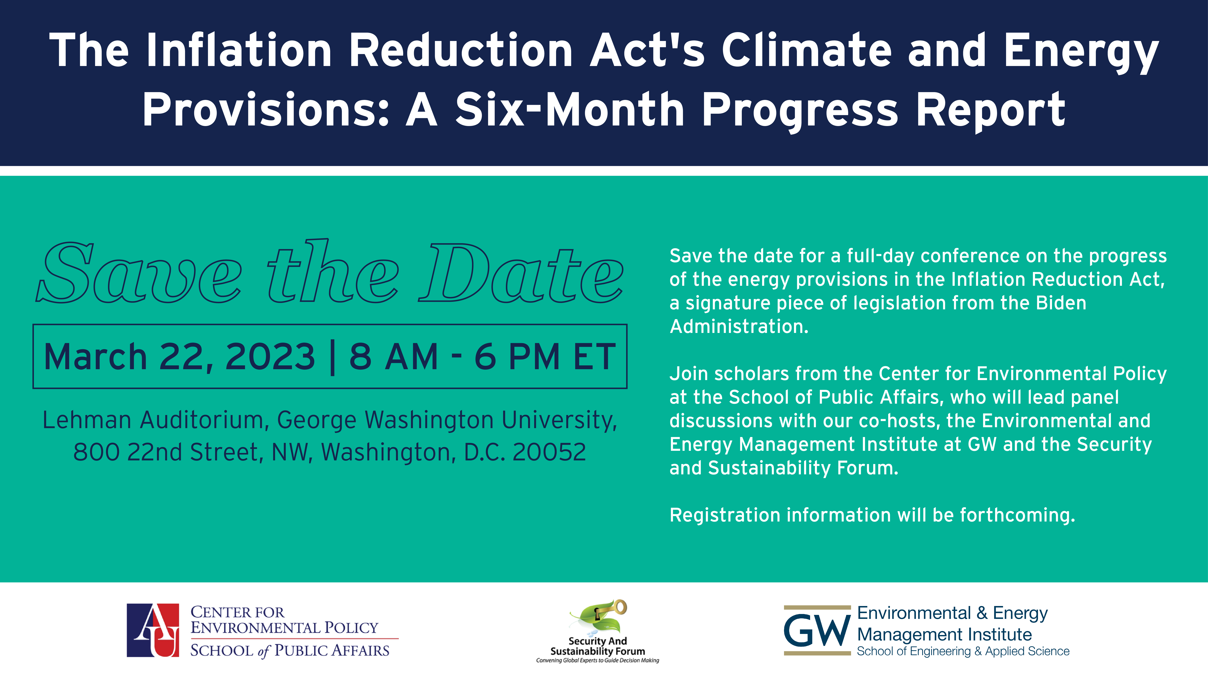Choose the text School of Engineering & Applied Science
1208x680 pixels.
963,651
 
